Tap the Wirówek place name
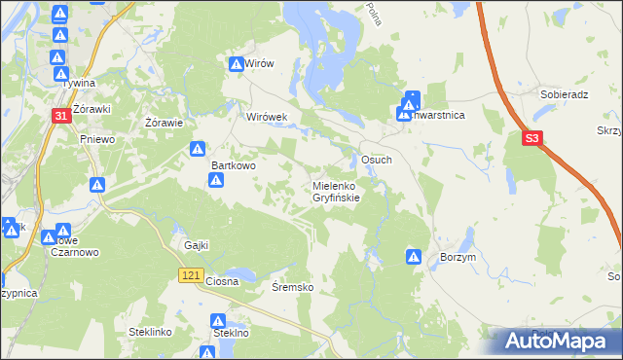267,117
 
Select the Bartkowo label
234,165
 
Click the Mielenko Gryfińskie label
337,191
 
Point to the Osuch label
376,160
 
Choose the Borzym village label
458,257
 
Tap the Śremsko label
292,288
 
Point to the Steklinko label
150,332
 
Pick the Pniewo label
97,139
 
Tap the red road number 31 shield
60,117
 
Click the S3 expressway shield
531,139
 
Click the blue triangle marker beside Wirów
237,64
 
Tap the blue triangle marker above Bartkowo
197,149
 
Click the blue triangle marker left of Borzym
413,257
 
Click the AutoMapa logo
558,342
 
